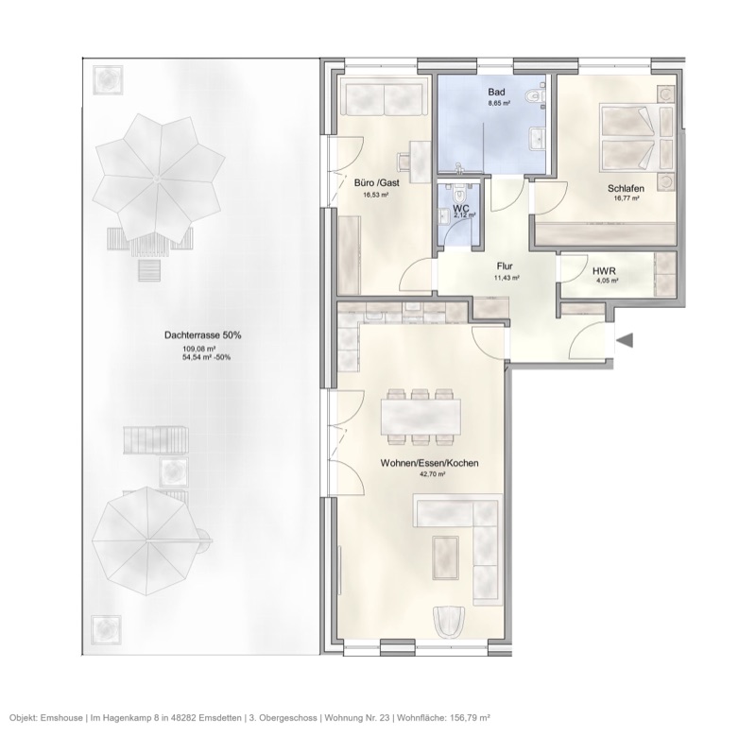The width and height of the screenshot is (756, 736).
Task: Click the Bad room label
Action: (496, 92)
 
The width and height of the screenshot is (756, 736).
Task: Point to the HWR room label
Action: (605, 270)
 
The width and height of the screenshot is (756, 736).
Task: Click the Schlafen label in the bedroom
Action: (626, 189)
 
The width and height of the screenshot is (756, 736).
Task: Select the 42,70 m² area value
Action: (432, 475)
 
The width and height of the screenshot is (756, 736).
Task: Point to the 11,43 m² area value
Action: (508, 279)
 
